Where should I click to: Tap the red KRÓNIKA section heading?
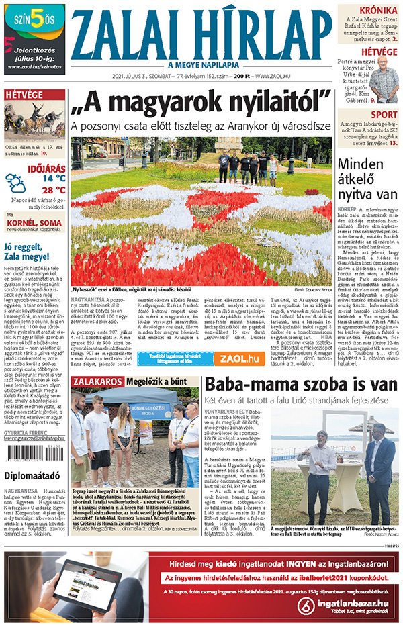(377, 11)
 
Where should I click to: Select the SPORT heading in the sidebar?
(384, 115)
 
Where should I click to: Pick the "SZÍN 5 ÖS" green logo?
(34, 21)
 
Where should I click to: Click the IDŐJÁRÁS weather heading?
(46, 166)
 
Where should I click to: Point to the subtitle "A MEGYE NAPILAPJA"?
(200, 64)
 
